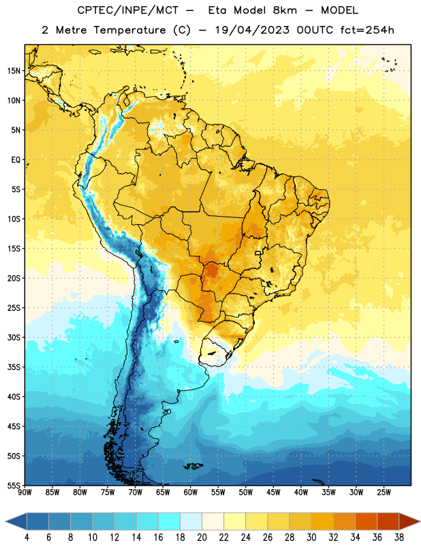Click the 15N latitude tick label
click(x=14, y=71)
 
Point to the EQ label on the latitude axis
click(x=16, y=160)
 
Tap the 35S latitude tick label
click(x=14, y=367)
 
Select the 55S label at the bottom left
click(x=14, y=485)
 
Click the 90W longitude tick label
click(x=25, y=493)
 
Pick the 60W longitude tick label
click(x=191, y=493)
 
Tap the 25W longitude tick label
click(x=384, y=493)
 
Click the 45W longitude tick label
click(x=273, y=493)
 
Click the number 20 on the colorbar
click(x=202, y=538)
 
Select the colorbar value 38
click(x=399, y=538)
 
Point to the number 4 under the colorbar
click(x=27, y=538)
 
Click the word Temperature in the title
click(x=129, y=30)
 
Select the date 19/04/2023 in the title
click(x=252, y=30)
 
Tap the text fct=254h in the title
click(x=367, y=30)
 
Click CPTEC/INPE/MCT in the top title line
click(x=128, y=10)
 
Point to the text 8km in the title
click(x=285, y=10)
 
